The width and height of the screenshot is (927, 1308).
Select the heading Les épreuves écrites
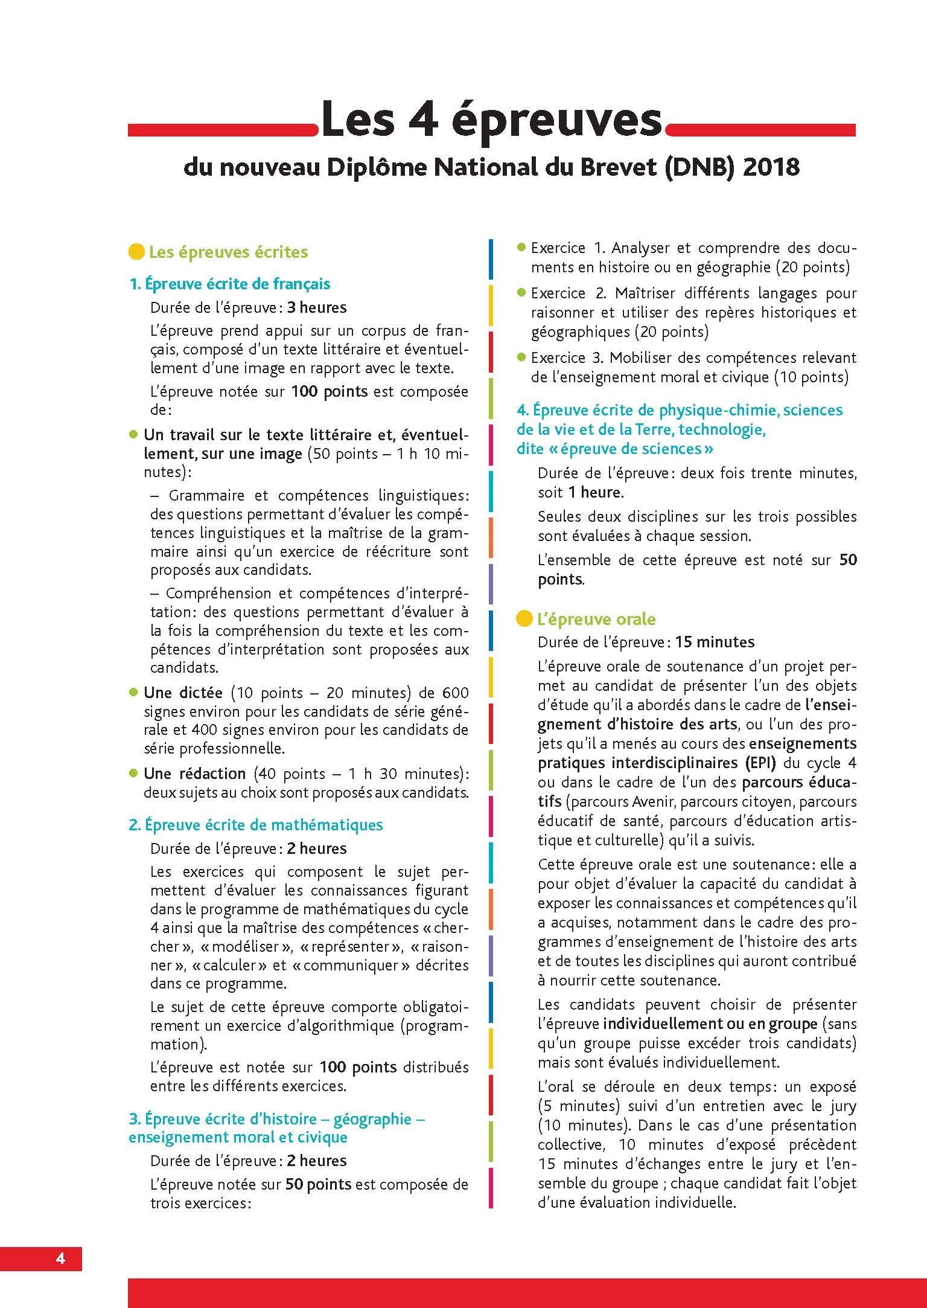click(x=228, y=252)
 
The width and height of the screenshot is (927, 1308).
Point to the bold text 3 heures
click(x=316, y=307)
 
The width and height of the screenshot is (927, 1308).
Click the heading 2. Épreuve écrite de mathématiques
click(x=256, y=825)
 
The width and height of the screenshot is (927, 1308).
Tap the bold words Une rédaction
click(x=194, y=774)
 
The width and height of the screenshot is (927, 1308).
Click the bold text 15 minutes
click(x=715, y=642)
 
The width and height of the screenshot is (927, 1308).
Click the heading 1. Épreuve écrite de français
click(x=230, y=284)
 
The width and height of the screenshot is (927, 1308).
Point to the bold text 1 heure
click(x=595, y=492)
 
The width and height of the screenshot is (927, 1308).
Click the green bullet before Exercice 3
click(x=522, y=356)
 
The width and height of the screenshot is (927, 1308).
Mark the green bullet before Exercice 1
click(x=522, y=247)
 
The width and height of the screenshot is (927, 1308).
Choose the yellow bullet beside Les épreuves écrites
click(x=137, y=252)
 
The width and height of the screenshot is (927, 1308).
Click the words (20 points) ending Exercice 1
click(x=812, y=267)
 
